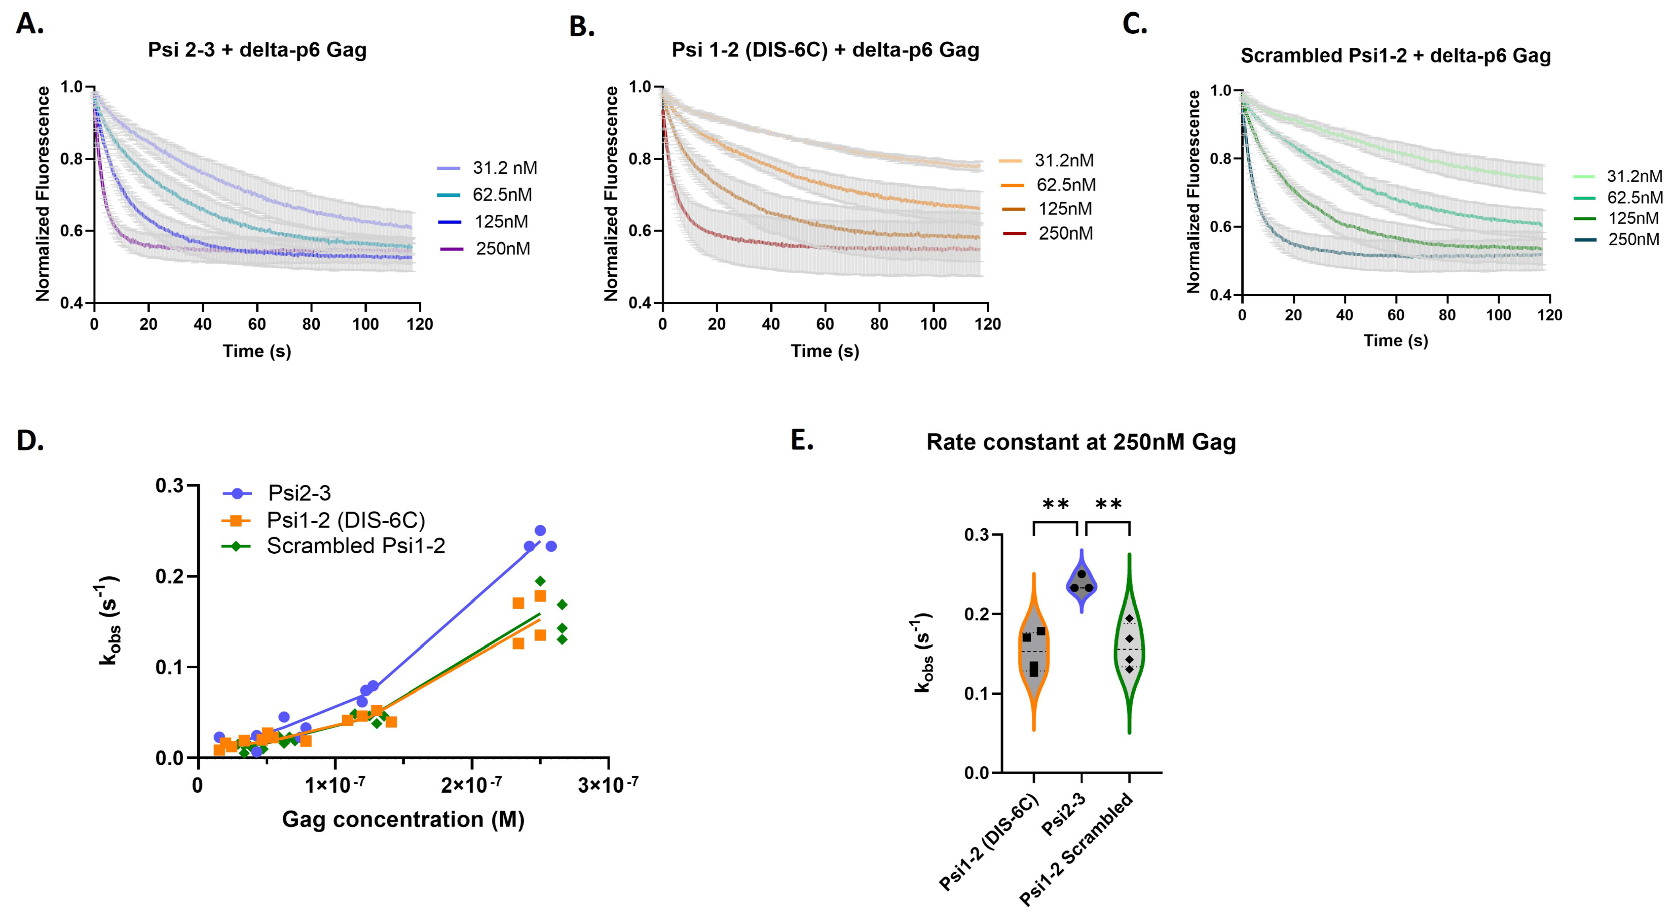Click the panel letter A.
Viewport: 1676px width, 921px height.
[x=29, y=25]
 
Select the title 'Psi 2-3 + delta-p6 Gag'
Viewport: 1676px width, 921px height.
[x=257, y=50]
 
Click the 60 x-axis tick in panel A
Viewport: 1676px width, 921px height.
[x=257, y=324]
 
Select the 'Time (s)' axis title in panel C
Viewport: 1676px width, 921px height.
[x=1396, y=341]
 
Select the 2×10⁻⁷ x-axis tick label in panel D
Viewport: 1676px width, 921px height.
[x=471, y=785]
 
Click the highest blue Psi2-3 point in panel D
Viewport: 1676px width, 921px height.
[x=540, y=530]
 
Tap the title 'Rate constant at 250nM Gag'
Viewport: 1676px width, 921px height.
[x=1081, y=442]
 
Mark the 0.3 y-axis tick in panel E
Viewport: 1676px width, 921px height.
[x=976, y=535]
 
